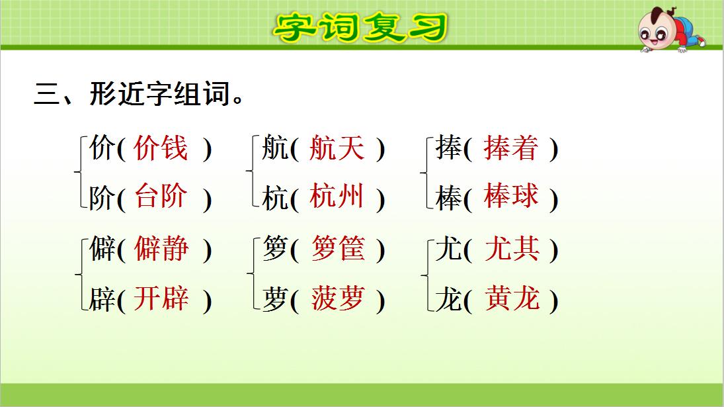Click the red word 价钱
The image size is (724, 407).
coord(161,148)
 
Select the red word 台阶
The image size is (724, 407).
coord(161,197)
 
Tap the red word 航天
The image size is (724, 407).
coord(337,148)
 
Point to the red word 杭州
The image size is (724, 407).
coord(337,197)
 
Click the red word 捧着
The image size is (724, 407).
coord(511,148)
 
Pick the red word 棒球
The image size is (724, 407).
coord(511,197)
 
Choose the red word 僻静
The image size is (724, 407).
coord(161,249)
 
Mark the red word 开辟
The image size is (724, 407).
coord(161,300)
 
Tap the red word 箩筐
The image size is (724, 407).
coord(337,249)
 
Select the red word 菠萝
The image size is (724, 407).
coord(337,300)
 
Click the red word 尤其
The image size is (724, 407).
coord(512,249)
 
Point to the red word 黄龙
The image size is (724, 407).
coord(512,300)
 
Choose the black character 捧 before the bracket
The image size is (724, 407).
coord(448,149)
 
